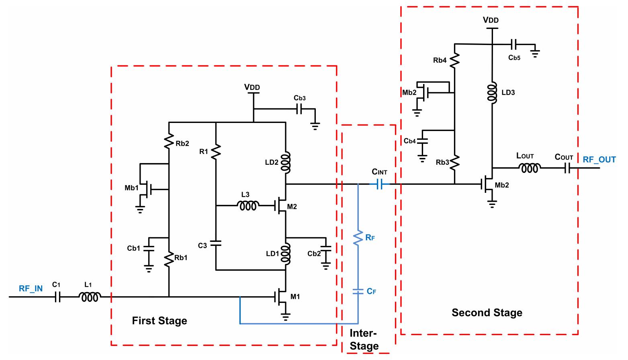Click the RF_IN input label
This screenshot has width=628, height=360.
(x=31, y=288)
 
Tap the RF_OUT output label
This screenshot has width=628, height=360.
(x=599, y=160)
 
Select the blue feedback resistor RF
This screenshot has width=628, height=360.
(x=358, y=238)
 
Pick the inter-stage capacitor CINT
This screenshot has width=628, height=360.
(x=380, y=184)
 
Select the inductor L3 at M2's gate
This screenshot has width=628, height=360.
(x=248, y=206)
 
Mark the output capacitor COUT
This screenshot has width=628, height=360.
(x=567, y=168)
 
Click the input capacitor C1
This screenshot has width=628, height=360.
(x=58, y=297)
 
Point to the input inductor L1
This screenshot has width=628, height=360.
(x=90, y=297)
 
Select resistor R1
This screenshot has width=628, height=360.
(x=216, y=152)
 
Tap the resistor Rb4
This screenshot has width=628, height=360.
(x=454, y=61)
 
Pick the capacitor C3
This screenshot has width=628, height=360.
(x=216, y=243)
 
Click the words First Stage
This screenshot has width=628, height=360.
(x=160, y=321)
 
